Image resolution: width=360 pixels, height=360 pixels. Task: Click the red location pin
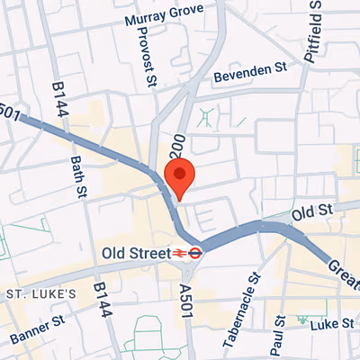point(179,178)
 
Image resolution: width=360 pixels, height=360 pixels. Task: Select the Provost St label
point(140,56)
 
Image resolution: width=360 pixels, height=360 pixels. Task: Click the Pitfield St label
point(312,36)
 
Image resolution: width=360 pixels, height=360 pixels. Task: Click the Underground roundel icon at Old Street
point(194,254)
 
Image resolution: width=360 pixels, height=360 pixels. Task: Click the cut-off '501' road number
point(8,112)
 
